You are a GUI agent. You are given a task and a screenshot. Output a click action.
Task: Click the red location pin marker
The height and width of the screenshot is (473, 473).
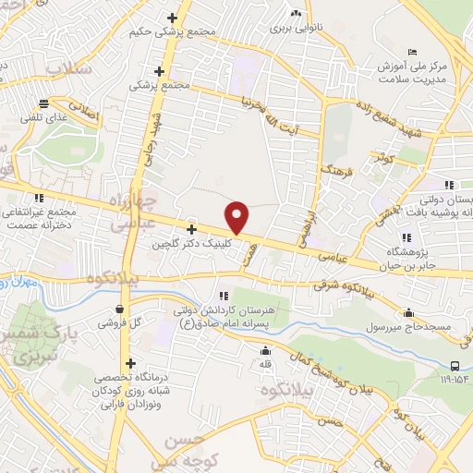click(x=238, y=216)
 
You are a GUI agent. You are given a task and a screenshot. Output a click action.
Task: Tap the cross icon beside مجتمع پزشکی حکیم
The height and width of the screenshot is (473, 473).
click(x=171, y=18)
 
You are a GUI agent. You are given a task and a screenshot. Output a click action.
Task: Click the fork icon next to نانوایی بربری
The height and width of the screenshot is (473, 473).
click(x=296, y=14)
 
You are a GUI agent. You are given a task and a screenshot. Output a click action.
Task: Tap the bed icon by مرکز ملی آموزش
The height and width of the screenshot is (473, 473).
click(x=412, y=52)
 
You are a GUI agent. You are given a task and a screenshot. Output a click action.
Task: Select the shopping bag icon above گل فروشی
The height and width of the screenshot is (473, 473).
click(x=121, y=309)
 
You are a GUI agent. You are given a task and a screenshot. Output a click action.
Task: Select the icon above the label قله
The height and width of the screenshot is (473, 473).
click(x=266, y=350)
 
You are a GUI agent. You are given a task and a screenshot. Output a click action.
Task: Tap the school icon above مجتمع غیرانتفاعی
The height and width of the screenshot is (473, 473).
click(x=38, y=198)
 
